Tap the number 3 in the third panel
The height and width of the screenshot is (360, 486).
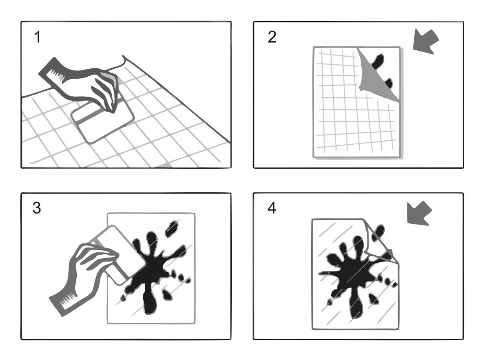click(x=37, y=208)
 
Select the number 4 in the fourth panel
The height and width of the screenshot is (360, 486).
click(x=272, y=208)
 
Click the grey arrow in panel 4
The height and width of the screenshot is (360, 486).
click(x=419, y=213)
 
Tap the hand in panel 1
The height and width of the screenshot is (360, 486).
click(x=103, y=90)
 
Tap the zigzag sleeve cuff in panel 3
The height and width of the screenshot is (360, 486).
click(x=66, y=302)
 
